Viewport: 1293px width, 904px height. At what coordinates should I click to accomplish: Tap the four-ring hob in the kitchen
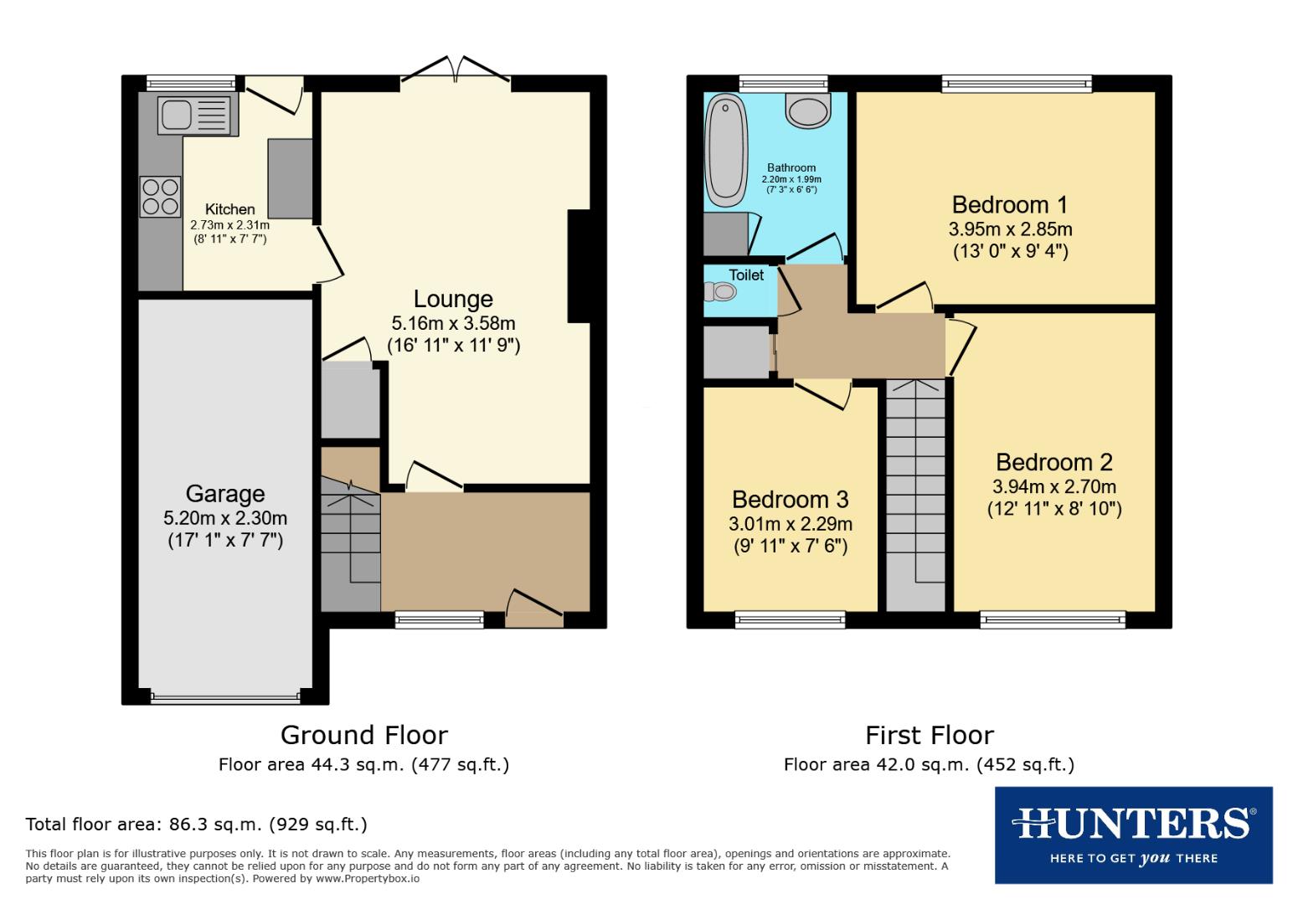pyautogui.click(x=160, y=196)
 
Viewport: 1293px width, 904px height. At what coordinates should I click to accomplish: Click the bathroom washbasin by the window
pyautogui.click(x=808, y=110)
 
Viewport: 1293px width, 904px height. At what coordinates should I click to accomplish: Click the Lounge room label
pyautogui.click(x=453, y=299)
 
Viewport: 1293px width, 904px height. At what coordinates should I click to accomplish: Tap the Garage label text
pyautogui.click(x=224, y=494)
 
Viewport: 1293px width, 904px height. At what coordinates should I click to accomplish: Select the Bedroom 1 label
pyautogui.click(x=1010, y=204)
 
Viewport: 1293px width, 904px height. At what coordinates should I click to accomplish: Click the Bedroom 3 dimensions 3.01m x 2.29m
pyautogui.click(x=791, y=524)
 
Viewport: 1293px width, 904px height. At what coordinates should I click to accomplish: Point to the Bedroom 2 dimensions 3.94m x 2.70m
pyautogui.click(x=1053, y=486)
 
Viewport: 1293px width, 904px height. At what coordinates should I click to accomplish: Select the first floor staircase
pyautogui.click(x=915, y=494)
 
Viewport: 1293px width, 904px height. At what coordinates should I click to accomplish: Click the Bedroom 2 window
pyautogui.click(x=1053, y=620)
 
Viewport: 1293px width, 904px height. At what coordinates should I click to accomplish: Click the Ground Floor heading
pyautogui.click(x=363, y=735)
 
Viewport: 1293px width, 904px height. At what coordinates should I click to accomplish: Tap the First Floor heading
pyautogui.click(x=929, y=735)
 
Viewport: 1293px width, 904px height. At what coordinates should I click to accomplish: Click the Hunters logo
pyautogui.click(x=1133, y=835)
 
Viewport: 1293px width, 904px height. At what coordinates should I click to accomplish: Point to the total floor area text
pyautogui.click(x=196, y=824)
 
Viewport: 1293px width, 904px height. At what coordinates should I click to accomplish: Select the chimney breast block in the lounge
pyautogui.click(x=579, y=265)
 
